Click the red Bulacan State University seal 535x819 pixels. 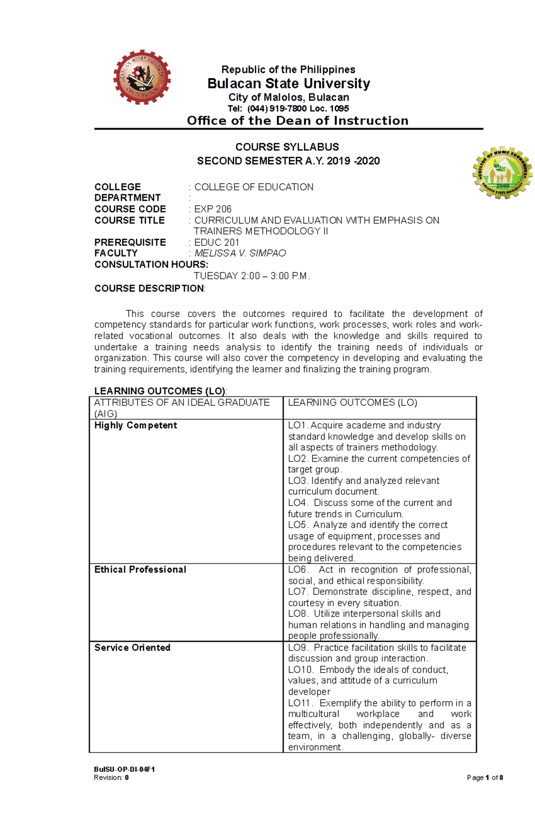click(x=142, y=77)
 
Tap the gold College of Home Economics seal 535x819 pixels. click(x=502, y=173)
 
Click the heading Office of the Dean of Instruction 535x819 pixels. click(x=297, y=121)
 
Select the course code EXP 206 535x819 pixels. click(x=213, y=209)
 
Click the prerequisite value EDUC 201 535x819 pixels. click(x=217, y=242)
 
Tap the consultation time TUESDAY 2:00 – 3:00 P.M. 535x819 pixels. click(x=251, y=276)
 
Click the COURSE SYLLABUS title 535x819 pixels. click(x=287, y=147)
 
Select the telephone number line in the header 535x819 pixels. click(x=288, y=108)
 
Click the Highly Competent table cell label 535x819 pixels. click(x=136, y=425)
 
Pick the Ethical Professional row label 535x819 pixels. click(x=140, y=570)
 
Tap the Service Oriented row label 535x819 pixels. click(x=132, y=648)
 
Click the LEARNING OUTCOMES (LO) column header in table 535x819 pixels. click(x=352, y=403)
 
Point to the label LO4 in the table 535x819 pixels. click(x=297, y=503)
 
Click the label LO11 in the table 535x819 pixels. click(x=300, y=703)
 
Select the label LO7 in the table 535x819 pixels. click(x=297, y=592)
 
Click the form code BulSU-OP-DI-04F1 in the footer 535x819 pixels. click(x=124, y=769)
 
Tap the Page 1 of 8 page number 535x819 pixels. click(x=485, y=777)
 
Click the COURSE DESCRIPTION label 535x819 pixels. click(x=149, y=288)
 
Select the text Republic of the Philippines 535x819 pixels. click(x=288, y=70)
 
